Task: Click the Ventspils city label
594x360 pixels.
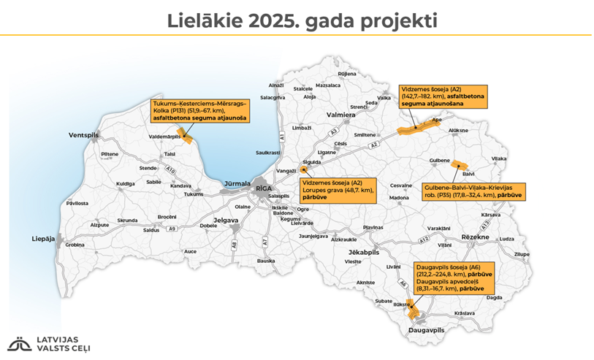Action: click(x=83, y=136)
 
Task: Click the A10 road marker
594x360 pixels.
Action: click(x=171, y=170)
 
